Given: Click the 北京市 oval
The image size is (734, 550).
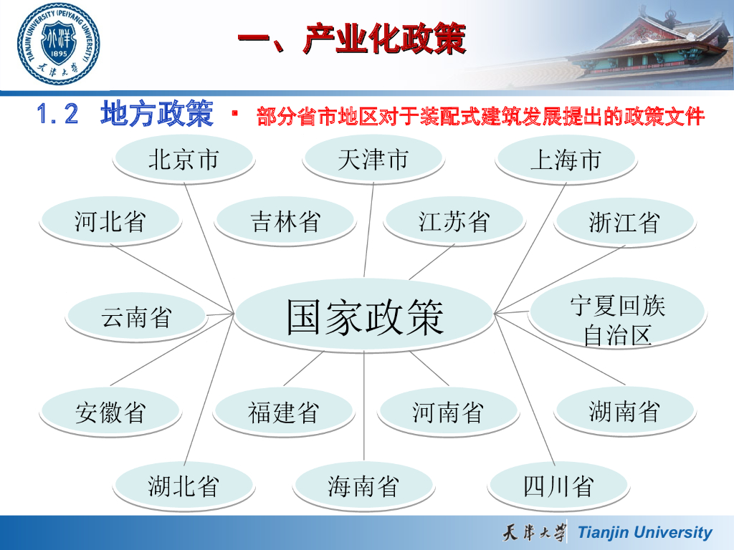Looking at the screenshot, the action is coord(184,160).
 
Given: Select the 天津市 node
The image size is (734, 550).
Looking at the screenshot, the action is coord(373,160).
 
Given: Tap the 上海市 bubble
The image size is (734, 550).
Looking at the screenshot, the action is coord(566,160).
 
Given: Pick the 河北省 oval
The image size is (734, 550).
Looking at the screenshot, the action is coord(110,221).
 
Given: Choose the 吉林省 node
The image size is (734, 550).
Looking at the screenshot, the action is coord(285,221).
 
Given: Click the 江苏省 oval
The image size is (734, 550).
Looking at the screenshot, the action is coord(454,221).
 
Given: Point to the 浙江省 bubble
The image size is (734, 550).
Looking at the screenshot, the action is coord(625,222).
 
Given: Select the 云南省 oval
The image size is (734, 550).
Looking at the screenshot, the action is coord(136,317).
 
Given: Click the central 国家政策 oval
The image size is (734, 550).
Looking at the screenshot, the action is coord(364,316).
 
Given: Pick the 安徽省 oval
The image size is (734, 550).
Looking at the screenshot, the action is coord(110,412).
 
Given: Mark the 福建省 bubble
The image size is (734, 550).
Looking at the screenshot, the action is coord(284,412).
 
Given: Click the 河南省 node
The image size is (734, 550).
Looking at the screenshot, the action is coord(448,412).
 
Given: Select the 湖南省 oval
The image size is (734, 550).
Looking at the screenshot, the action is coord(625,411).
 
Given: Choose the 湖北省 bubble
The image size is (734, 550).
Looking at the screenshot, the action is coord(184,486).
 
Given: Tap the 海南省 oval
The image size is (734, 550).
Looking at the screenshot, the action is coord(363,486).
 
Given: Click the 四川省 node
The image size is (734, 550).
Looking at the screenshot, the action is coord(558,486).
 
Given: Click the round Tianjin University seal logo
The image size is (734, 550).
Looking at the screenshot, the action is coord(59,44).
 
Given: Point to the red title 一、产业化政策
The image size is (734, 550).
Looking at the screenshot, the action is coord(351,39).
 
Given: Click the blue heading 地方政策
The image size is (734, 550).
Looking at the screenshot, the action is coord(157,113).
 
